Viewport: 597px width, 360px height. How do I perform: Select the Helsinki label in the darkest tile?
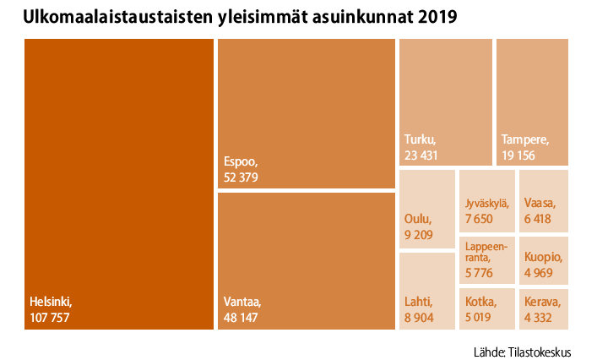click(x=52, y=301)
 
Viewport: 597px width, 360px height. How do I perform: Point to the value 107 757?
click(x=49, y=317)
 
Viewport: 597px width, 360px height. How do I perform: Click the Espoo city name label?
click(x=240, y=161)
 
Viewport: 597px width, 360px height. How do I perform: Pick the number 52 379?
click(x=241, y=177)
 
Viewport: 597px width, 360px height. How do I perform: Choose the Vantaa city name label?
click(x=243, y=301)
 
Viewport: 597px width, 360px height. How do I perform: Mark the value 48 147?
click(x=241, y=317)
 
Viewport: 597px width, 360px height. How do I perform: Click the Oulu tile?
click(x=426, y=209)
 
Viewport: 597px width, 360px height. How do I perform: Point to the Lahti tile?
click(x=426, y=290)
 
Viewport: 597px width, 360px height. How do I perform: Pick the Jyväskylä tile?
click(x=486, y=200)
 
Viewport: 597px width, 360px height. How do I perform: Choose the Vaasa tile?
click(x=543, y=200)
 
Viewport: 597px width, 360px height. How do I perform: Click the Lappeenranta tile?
click(x=486, y=259)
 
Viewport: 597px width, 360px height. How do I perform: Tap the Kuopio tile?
click(x=543, y=259)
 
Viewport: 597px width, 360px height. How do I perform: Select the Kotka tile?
click(x=486, y=308)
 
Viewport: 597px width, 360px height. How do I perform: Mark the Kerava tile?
click(x=543, y=308)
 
